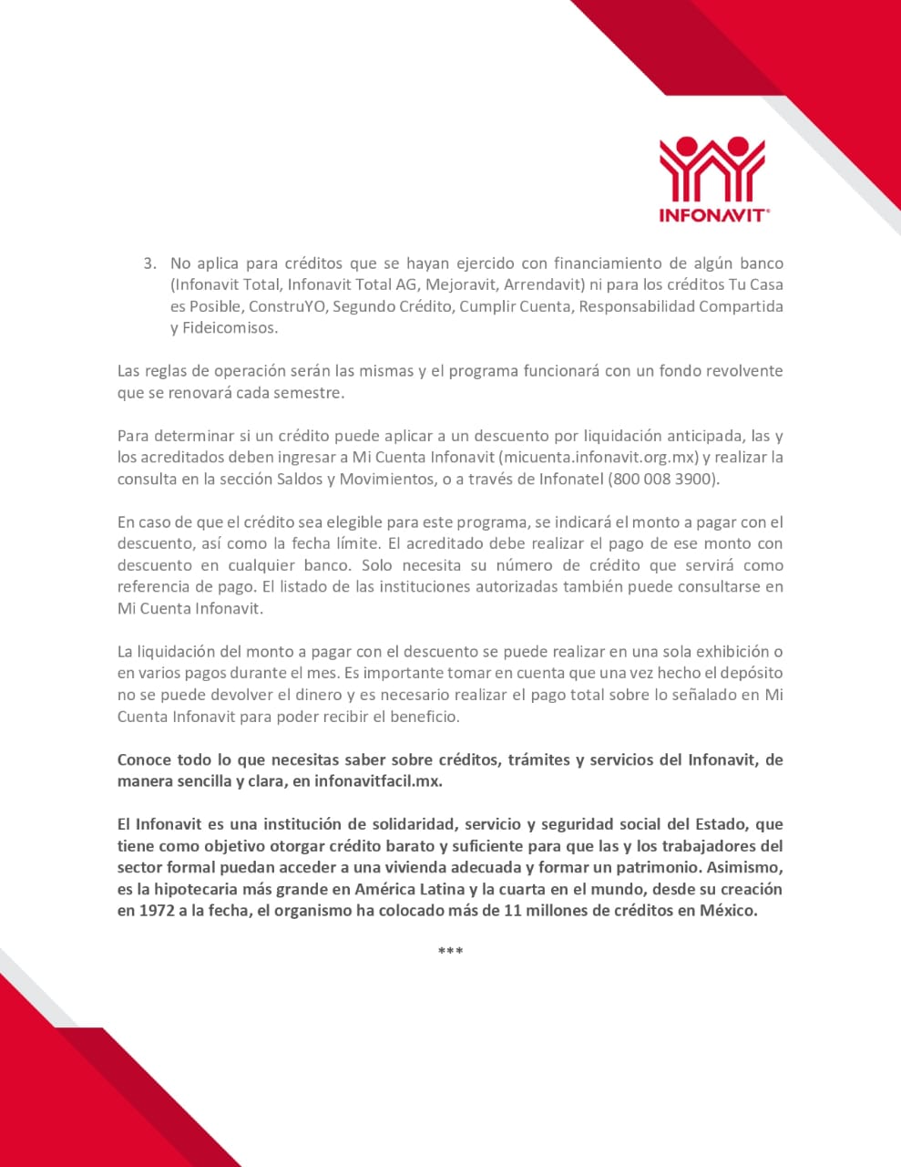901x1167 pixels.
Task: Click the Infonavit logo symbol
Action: (x=712, y=169)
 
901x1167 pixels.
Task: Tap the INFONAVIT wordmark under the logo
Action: (x=713, y=216)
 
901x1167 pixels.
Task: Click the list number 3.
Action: (x=148, y=263)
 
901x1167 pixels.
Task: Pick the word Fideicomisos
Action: (x=231, y=328)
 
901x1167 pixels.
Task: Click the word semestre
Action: (x=309, y=393)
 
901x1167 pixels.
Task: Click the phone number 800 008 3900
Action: (x=663, y=479)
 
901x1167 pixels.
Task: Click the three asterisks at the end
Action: (x=450, y=952)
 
